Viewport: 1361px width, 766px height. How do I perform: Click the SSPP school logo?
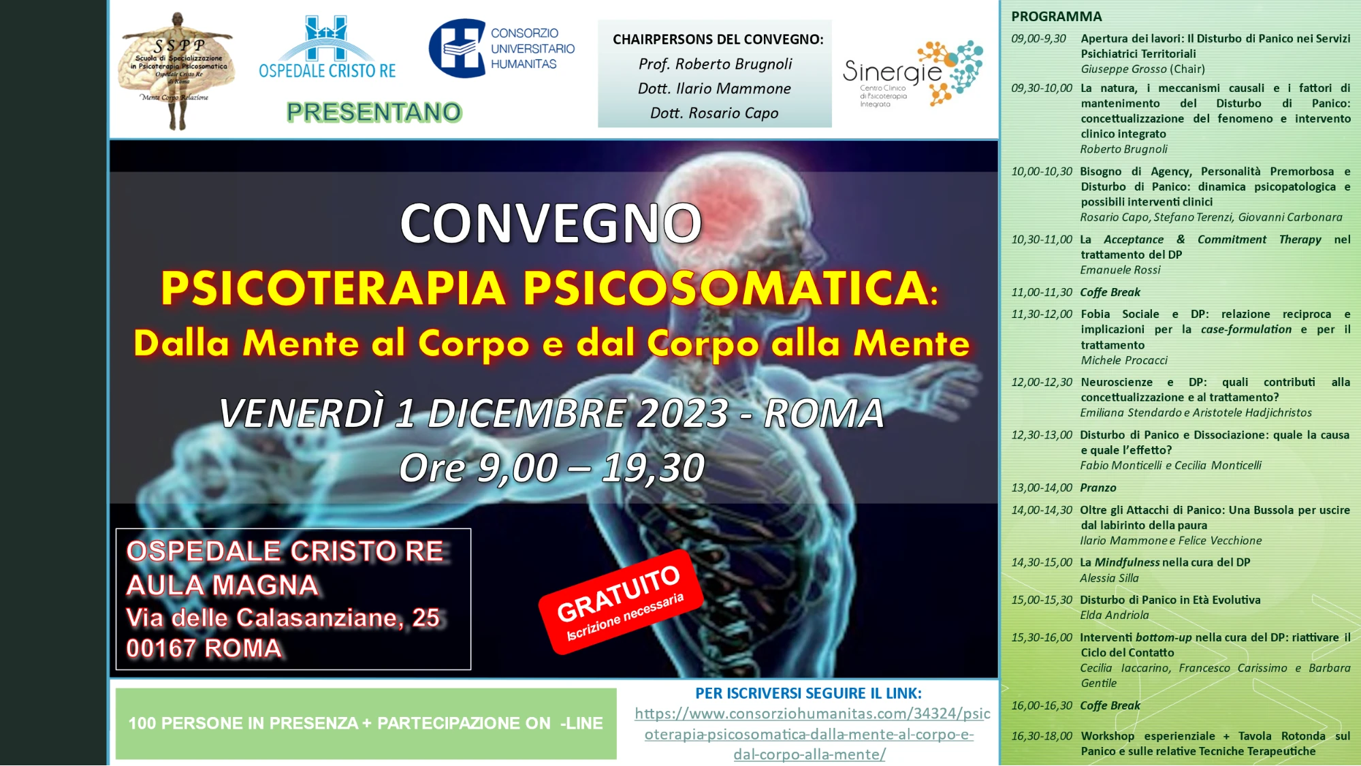(177, 71)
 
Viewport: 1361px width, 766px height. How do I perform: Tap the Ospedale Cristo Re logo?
(327, 47)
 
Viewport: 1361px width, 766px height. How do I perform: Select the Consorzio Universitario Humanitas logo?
(502, 48)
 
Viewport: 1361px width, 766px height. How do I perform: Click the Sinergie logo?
(912, 74)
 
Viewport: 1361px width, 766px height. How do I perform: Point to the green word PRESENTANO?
(374, 112)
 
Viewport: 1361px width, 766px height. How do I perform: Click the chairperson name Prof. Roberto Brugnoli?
(715, 64)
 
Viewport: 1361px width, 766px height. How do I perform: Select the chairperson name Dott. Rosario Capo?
(714, 113)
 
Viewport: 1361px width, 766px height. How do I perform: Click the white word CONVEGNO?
(550, 223)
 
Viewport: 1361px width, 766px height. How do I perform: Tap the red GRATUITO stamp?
(620, 601)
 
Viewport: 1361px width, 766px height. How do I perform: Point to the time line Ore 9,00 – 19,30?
(551, 468)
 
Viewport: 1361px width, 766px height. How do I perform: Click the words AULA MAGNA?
(222, 586)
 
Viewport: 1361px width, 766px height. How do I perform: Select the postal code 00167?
(161, 648)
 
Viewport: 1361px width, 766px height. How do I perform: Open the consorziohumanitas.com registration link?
(812, 734)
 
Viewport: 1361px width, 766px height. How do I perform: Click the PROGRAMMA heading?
(1056, 16)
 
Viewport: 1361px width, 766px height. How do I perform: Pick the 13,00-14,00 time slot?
(1041, 488)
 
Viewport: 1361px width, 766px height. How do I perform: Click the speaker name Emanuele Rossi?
(1120, 270)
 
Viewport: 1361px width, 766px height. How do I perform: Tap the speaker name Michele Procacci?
(1123, 360)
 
